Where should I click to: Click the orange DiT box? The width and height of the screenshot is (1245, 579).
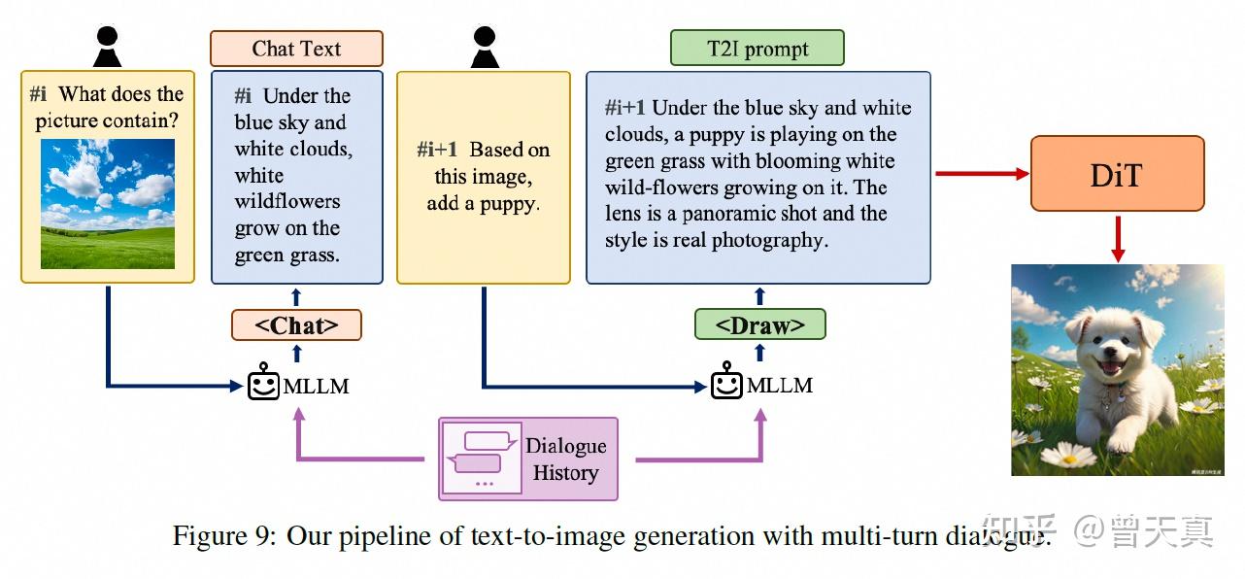point(1118,174)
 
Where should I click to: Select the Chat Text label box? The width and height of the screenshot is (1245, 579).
point(296,49)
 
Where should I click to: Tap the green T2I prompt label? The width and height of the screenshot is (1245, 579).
point(757,48)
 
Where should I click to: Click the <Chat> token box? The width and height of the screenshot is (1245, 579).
point(296,324)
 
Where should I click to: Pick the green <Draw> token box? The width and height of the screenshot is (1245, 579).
point(759,324)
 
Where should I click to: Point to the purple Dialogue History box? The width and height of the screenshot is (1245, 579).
point(528,459)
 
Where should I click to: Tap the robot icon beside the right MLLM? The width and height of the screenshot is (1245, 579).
point(725,385)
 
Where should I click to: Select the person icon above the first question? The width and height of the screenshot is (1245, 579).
point(107,47)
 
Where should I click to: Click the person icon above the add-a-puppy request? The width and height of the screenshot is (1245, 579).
point(484,47)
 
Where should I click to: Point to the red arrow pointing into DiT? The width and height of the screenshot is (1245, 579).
point(982,174)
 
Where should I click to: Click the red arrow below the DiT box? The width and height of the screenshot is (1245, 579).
point(1118,238)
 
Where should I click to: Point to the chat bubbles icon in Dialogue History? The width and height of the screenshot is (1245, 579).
point(482,453)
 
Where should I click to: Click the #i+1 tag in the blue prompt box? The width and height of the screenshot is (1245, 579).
point(625,108)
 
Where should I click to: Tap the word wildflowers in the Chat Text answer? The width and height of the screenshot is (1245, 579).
point(287,202)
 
